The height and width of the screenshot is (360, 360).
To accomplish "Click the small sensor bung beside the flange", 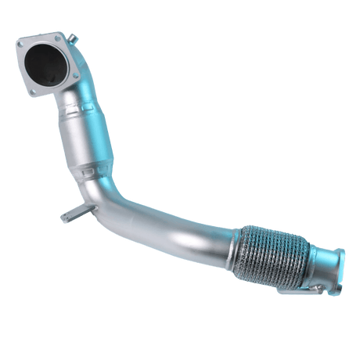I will point(71,37).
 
